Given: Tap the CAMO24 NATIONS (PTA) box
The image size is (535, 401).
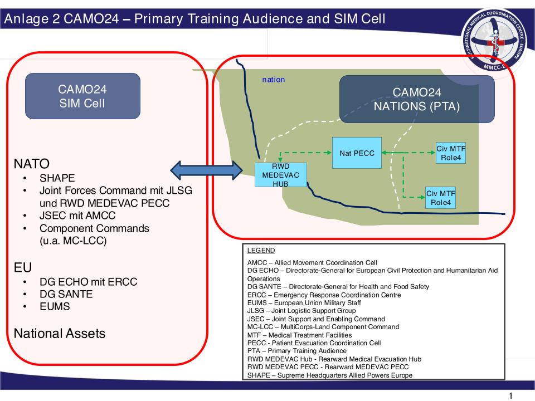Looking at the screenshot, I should click(417, 99).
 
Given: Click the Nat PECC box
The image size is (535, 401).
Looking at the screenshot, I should click(357, 153).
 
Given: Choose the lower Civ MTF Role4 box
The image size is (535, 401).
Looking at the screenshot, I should click(440, 197).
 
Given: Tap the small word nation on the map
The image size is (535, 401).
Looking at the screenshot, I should click(274, 80).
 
